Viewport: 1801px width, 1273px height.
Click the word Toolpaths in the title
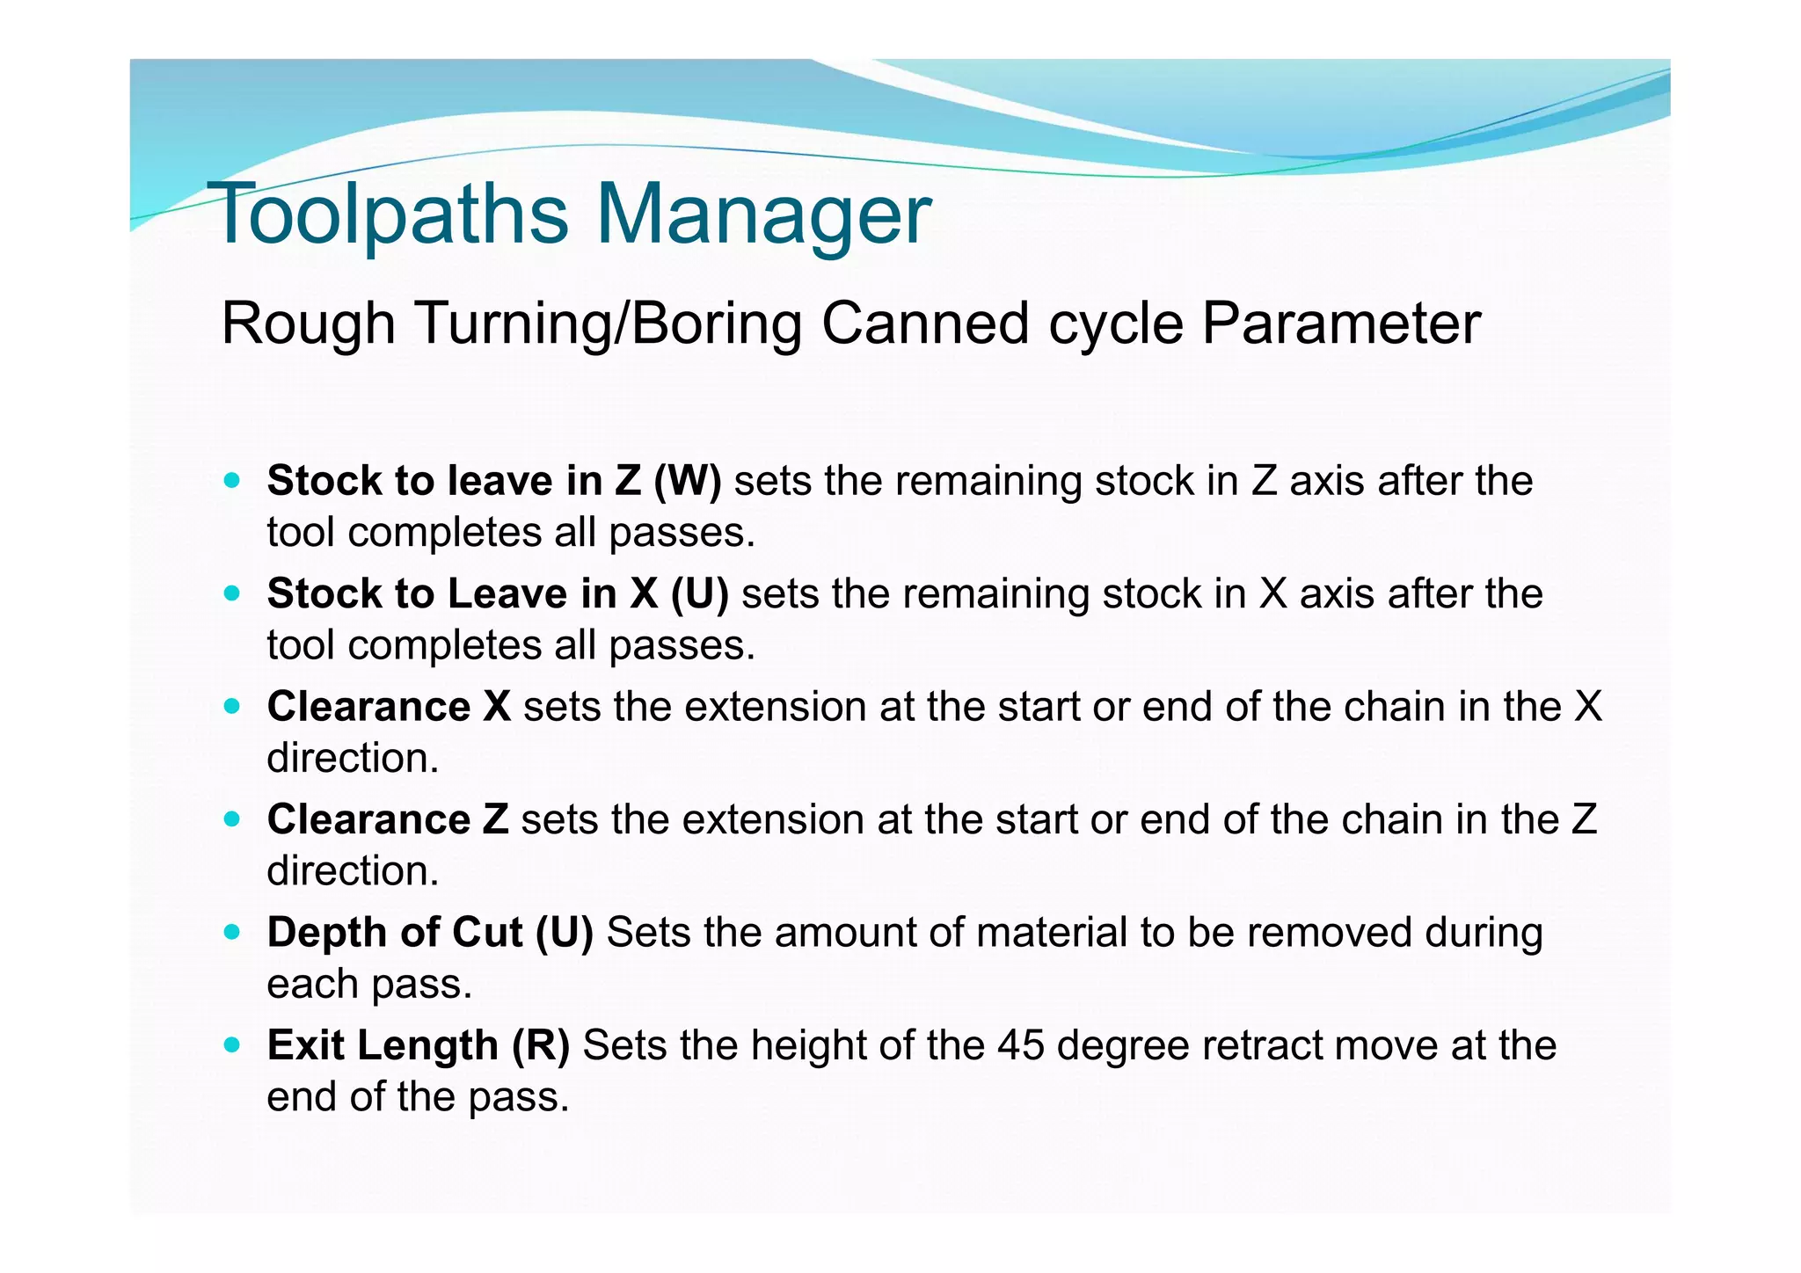tap(387, 214)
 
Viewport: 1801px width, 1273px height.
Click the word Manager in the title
tap(763, 214)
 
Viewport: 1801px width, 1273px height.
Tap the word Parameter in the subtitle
tap(1340, 324)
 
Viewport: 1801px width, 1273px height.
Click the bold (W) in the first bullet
tap(688, 481)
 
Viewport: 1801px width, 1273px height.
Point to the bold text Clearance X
tap(389, 707)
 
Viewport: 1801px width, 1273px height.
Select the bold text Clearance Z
tap(388, 819)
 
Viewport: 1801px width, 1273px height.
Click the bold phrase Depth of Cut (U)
tap(430, 933)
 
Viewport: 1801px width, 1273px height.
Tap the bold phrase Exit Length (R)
tap(419, 1045)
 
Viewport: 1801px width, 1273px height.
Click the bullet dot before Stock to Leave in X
tap(232, 593)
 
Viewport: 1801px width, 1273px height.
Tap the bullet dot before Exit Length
tap(232, 1045)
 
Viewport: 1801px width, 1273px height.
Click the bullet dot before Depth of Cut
tap(232, 932)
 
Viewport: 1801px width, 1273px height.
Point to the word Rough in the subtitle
tap(308, 324)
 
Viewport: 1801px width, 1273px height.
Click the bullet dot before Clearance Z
tap(232, 819)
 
